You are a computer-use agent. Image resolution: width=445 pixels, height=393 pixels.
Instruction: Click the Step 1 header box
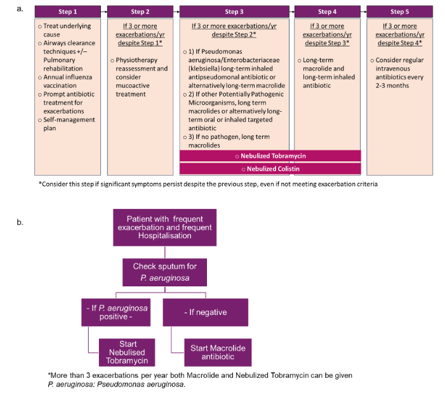(x=67, y=11)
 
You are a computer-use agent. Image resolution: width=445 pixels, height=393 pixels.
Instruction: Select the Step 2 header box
(x=140, y=11)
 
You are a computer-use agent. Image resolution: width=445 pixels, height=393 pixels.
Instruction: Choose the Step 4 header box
(x=328, y=11)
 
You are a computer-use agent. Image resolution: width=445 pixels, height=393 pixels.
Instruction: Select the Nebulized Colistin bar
(x=270, y=169)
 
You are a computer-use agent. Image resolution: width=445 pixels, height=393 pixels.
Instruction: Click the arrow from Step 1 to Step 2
(x=103, y=11)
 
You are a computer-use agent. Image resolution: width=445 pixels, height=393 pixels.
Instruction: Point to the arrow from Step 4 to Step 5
(x=364, y=11)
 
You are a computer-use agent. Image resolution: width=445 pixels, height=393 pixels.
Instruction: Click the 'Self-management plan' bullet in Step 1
(x=67, y=124)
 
